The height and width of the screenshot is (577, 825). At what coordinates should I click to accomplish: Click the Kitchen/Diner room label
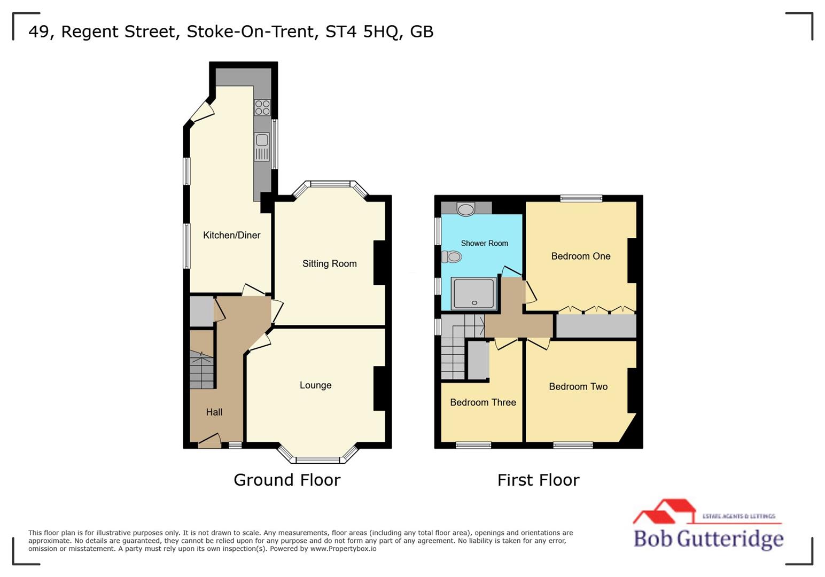click(x=231, y=235)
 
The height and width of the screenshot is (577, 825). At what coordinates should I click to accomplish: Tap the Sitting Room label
click(x=329, y=263)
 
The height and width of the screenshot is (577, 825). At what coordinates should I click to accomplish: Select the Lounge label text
click(x=315, y=385)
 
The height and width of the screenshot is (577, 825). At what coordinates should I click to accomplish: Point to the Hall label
click(x=214, y=412)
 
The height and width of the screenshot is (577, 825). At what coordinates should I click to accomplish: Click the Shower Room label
click(x=484, y=243)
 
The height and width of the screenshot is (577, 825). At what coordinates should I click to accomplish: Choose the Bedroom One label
click(x=580, y=256)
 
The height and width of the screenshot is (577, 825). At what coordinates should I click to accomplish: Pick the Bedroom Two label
click(x=578, y=386)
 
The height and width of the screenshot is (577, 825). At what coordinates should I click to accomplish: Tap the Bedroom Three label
click(x=482, y=402)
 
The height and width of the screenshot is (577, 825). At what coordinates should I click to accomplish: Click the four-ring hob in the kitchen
click(x=262, y=107)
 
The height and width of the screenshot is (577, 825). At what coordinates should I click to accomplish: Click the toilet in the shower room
click(x=452, y=257)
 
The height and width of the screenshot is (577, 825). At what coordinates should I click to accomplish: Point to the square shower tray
click(x=474, y=293)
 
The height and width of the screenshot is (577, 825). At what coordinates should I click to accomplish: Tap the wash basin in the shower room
click(x=466, y=208)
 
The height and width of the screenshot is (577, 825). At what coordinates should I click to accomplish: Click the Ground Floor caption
click(x=287, y=480)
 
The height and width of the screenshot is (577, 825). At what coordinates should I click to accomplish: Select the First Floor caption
click(x=538, y=480)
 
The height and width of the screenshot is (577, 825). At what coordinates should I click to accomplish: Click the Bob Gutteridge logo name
click(x=708, y=538)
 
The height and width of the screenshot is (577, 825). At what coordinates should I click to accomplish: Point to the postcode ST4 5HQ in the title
click(x=362, y=32)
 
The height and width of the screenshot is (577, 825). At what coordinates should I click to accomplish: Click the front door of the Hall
click(x=209, y=442)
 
